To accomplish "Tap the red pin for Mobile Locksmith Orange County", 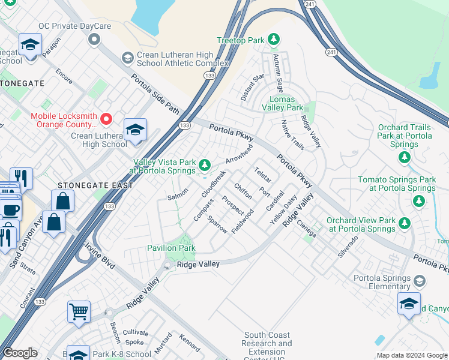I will (106, 119).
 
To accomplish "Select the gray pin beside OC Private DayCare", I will (93, 40).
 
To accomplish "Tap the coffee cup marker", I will (10, 210).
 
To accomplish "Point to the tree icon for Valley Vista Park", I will (205, 164).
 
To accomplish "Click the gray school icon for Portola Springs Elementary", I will (420, 281).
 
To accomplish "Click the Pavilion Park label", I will (171, 248).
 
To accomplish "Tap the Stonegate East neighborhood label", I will (95, 185).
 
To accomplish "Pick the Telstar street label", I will (263, 175).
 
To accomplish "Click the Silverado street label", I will (348, 247).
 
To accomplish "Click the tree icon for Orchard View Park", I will (404, 224).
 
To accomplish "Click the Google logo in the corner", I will (20, 353).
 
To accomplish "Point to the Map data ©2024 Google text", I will (411, 355).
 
